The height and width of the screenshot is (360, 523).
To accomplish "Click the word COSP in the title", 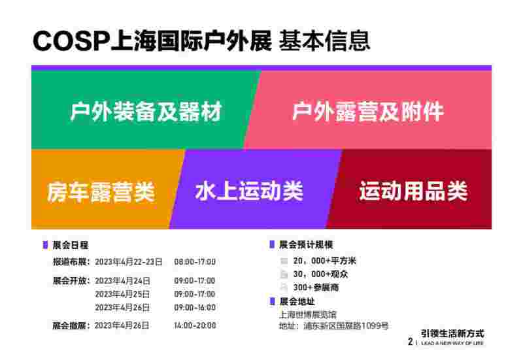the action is (71, 41).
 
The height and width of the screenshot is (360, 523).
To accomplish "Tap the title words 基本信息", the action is (324, 41).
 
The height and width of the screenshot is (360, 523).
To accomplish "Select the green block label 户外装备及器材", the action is (146, 111).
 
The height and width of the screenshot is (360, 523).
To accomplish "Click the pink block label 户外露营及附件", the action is (368, 111).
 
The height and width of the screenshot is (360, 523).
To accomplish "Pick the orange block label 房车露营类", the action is (101, 192).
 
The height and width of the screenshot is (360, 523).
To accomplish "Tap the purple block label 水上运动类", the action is (249, 191).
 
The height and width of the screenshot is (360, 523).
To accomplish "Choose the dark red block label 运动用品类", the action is (414, 191).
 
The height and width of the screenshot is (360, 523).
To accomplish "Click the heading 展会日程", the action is (71, 245).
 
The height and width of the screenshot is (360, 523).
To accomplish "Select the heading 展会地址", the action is (297, 302).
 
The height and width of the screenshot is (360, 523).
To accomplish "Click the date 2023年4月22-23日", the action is (129, 262).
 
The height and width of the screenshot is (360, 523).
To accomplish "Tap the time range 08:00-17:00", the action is (195, 262).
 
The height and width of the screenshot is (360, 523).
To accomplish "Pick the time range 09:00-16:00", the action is (195, 307).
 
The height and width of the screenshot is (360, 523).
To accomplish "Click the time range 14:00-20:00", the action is (195, 325).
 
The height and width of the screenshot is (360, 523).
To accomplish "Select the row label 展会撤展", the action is (69, 325).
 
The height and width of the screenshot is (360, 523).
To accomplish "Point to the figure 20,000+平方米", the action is (324, 261).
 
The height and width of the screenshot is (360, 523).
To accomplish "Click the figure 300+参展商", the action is (316, 287).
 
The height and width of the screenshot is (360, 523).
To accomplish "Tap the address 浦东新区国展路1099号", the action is (346, 325).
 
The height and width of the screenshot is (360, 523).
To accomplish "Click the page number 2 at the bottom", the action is (411, 342).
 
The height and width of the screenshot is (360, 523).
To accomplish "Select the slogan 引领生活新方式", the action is (452, 333).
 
